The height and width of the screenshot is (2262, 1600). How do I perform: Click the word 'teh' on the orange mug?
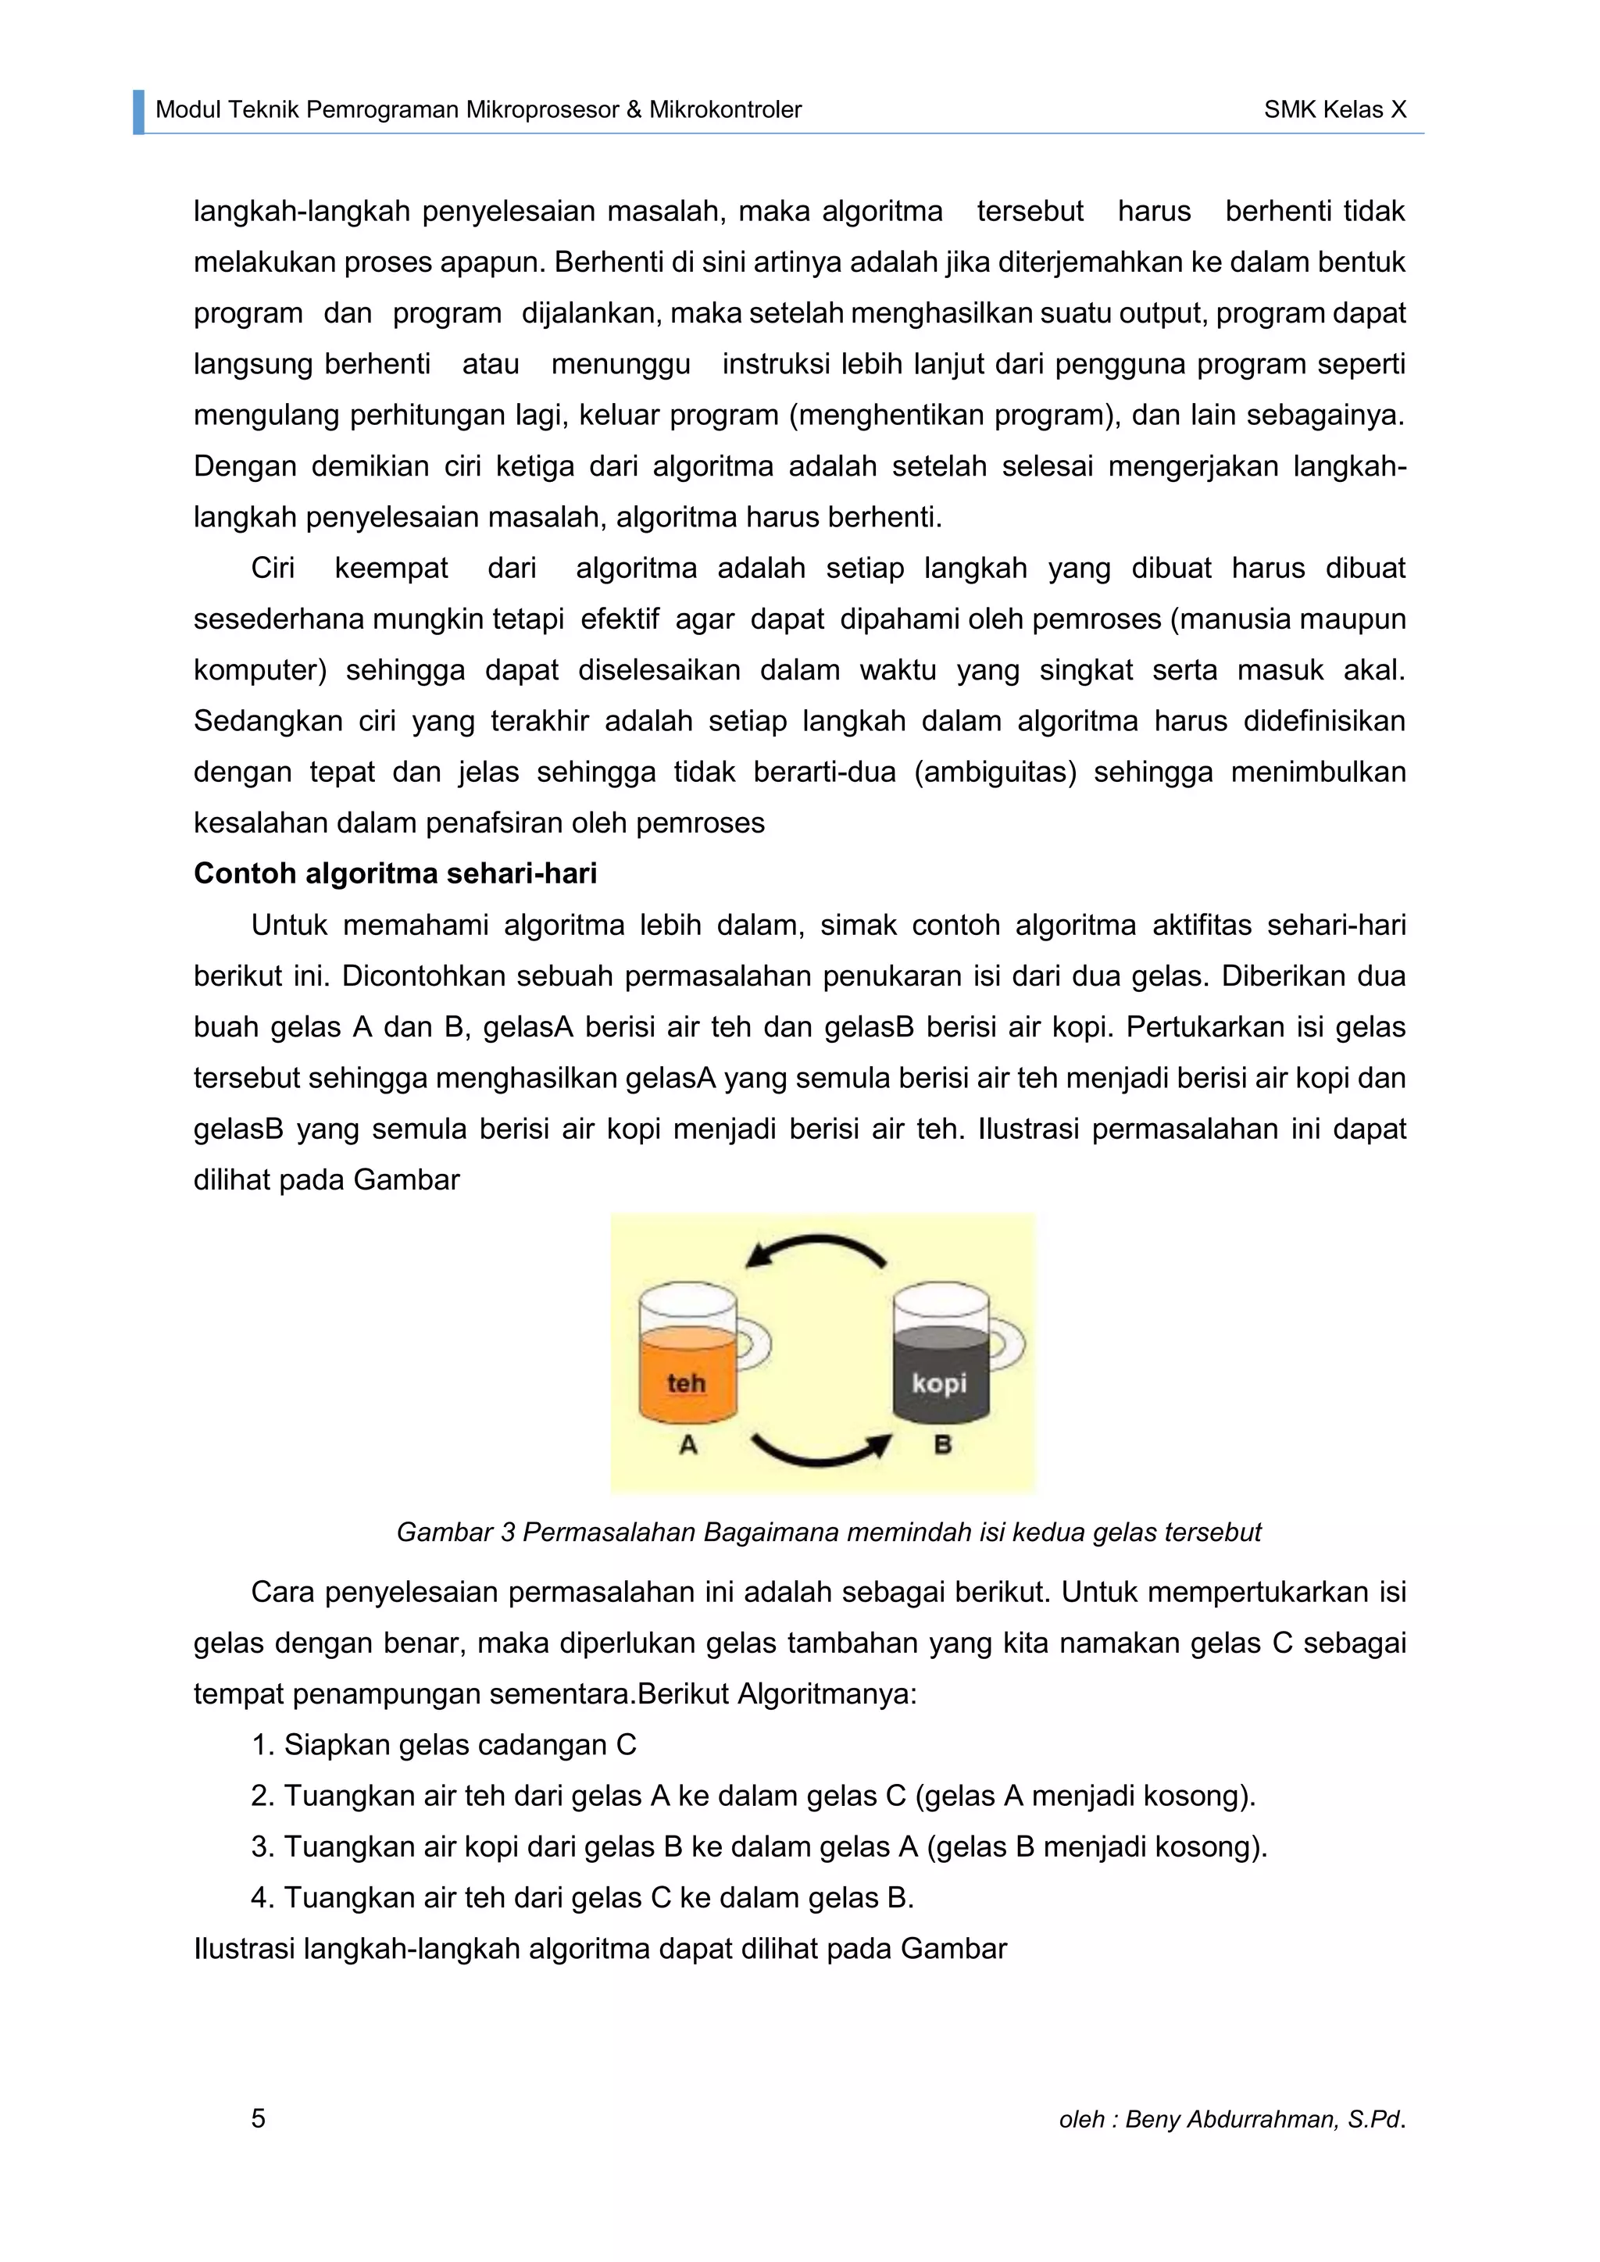(686, 1383)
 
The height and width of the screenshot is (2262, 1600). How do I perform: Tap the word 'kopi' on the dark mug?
(939, 1383)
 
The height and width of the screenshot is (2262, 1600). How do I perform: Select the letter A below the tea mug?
(687, 1445)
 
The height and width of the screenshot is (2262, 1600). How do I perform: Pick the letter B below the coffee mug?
(942, 1445)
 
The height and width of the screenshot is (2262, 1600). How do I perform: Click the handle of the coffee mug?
(1008, 1345)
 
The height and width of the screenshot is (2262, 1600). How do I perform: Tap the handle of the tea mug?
(754, 1345)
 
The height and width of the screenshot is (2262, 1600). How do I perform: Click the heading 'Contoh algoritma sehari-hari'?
(395, 874)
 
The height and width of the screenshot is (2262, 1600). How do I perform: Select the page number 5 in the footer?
(258, 2118)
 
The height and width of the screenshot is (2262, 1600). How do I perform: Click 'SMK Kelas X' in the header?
(1335, 109)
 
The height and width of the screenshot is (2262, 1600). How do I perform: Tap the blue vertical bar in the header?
(139, 112)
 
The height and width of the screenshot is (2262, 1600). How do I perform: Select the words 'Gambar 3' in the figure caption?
(455, 1532)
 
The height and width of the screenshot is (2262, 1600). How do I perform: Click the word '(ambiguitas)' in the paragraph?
(995, 772)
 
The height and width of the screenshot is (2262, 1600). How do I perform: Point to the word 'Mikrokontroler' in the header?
(725, 109)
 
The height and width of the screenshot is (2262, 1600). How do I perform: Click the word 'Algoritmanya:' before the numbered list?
(827, 1693)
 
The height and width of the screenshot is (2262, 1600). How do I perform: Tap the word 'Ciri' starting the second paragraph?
(273, 569)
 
